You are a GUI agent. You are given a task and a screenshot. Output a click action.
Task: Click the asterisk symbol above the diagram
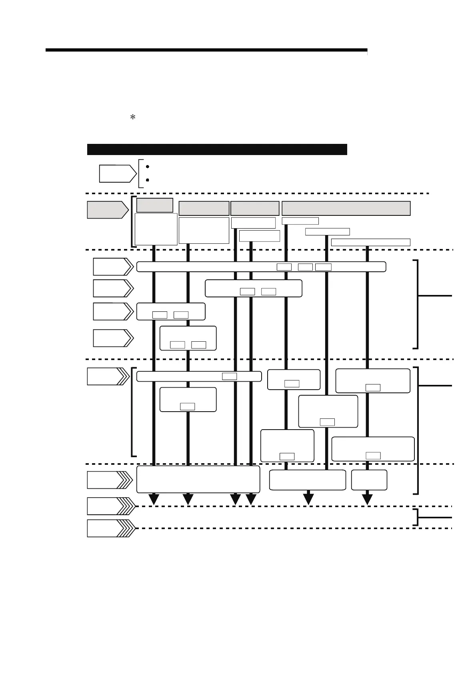133,117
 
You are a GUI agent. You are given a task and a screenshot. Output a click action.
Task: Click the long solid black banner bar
217,149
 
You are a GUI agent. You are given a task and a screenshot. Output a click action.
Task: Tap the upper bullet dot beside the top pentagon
148,166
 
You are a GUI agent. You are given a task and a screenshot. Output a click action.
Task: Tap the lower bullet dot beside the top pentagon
148,180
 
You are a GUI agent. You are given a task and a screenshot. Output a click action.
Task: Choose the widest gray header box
346,208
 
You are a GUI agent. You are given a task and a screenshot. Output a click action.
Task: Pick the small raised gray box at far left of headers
155,205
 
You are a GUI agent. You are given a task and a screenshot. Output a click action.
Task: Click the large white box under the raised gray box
156,229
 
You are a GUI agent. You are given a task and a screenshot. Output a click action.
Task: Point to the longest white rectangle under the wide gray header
370,242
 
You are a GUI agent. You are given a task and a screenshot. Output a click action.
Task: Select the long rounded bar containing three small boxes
261,267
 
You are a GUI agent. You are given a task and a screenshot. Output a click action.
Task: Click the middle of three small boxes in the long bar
305,267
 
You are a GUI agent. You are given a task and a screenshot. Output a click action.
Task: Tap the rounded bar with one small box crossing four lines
199,376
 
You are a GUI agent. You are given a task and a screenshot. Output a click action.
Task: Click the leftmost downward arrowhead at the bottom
154,499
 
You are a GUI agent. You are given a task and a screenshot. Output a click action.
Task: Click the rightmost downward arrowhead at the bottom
367,499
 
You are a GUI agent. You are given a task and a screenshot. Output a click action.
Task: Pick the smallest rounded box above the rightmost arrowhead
369,480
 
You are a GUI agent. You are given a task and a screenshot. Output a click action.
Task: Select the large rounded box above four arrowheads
198,479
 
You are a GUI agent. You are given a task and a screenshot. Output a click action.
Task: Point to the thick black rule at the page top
206,50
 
